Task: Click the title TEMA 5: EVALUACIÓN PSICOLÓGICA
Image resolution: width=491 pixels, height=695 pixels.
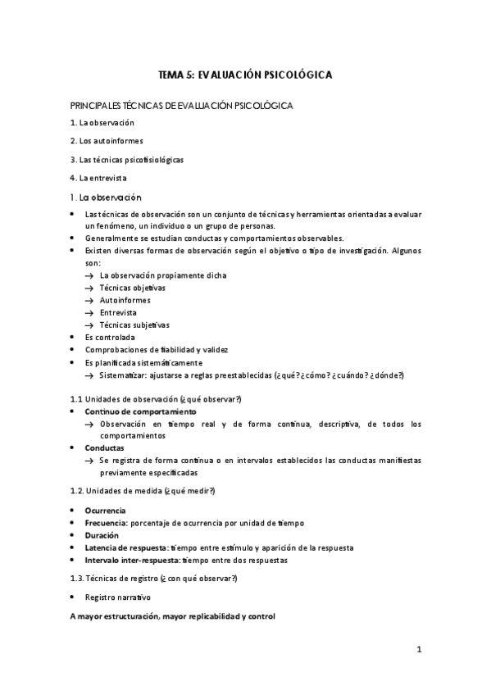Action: (244, 75)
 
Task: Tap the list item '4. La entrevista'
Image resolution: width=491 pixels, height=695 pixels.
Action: (98, 178)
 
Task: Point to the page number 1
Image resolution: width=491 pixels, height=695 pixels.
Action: (418, 651)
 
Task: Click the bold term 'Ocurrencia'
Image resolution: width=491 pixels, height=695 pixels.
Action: (105, 510)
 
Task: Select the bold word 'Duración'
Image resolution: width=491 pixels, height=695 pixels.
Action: (102, 535)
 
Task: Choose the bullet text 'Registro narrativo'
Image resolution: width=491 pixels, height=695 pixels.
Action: (117, 597)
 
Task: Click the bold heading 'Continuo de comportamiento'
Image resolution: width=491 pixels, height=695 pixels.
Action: (140, 411)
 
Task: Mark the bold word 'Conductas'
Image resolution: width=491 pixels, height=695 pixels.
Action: (104, 448)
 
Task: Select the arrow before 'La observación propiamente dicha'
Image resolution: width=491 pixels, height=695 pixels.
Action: (89, 275)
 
